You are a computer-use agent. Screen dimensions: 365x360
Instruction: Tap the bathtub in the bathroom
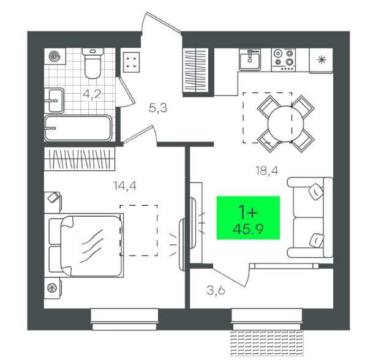(x=78, y=128)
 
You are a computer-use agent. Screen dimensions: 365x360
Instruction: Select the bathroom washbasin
(x=54, y=100)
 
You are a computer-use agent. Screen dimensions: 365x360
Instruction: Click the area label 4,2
(x=92, y=94)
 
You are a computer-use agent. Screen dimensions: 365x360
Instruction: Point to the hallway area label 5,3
(x=158, y=108)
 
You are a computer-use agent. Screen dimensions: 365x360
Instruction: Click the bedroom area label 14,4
(x=125, y=186)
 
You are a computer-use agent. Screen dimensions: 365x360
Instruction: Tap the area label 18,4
(x=267, y=171)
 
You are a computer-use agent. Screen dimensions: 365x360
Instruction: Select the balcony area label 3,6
(x=216, y=290)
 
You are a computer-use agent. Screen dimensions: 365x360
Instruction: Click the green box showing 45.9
(x=248, y=217)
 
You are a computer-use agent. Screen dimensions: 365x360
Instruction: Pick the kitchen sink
(x=250, y=59)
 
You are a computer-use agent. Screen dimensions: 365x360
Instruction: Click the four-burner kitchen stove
(x=284, y=59)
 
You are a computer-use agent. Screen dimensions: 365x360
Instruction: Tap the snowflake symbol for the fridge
(x=322, y=60)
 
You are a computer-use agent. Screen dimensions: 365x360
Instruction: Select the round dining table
(x=285, y=124)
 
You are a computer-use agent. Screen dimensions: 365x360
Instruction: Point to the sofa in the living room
(x=310, y=217)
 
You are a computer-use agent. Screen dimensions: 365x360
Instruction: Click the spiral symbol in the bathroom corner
(x=55, y=56)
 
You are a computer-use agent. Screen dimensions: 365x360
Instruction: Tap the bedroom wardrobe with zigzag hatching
(x=80, y=159)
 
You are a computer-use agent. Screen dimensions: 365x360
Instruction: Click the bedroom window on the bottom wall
(x=124, y=319)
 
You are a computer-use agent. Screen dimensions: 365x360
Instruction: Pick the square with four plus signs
(x=131, y=62)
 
